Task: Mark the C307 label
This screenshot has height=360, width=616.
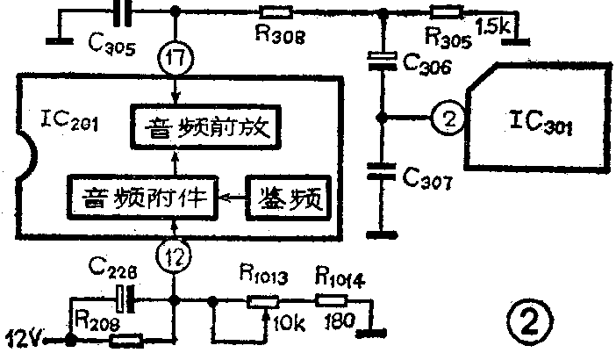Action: (427, 183)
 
